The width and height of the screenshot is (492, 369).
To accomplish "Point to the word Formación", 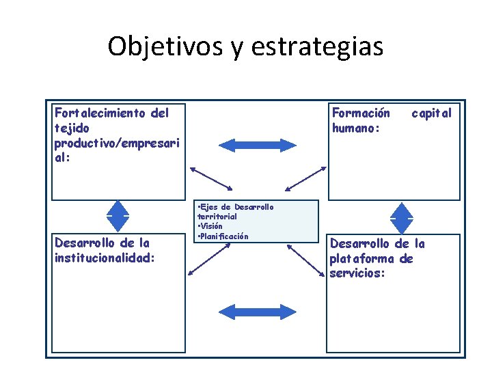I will pyautogui.click(x=361, y=113).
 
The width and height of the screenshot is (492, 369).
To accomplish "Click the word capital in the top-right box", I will pyautogui.click(x=431, y=113).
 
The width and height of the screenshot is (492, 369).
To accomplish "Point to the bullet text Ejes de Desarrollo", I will pyautogui.click(x=236, y=206).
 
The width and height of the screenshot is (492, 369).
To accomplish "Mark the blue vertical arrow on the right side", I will pyautogui.click(x=401, y=217).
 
